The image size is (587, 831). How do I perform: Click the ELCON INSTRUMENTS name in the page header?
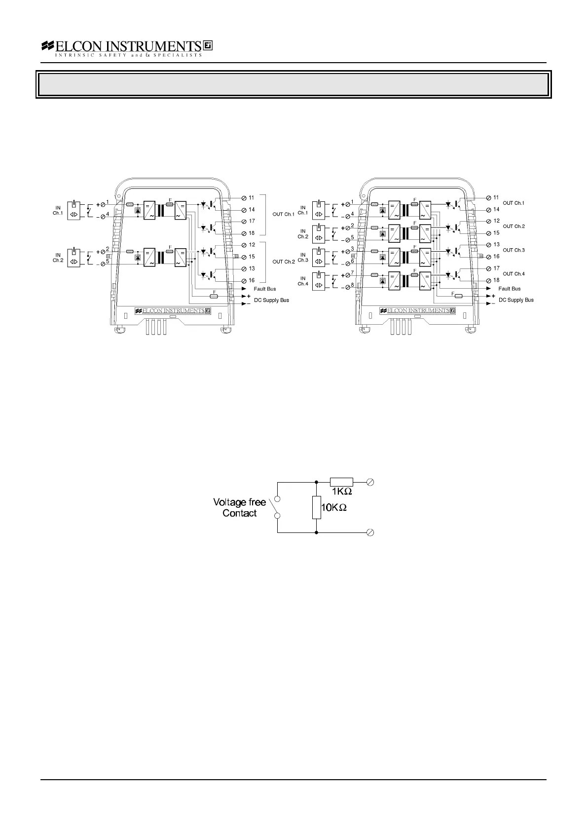(127, 46)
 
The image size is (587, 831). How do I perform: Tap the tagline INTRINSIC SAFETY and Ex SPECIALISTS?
(128, 55)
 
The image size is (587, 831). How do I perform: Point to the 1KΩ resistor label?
(341, 491)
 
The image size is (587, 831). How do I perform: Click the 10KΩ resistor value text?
(334, 507)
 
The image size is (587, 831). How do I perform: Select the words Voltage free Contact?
(239, 507)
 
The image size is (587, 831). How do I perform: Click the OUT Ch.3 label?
(514, 250)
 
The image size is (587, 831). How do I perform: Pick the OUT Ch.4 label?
(514, 274)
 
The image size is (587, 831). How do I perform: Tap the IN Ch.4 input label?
(303, 281)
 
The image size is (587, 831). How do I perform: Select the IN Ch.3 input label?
(303, 258)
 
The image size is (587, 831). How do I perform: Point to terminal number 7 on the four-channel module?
(352, 272)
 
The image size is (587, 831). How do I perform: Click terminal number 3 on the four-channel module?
(352, 249)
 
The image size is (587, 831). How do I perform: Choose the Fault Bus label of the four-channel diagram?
(509, 289)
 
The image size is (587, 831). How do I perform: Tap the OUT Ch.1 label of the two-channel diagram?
(283, 214)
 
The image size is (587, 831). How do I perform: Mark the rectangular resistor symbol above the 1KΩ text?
(341, 482)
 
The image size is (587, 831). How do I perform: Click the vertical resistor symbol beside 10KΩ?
(316, 508)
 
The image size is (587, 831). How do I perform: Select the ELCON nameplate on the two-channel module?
(173, 311)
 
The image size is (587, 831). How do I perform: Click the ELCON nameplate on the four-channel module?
(417, 311)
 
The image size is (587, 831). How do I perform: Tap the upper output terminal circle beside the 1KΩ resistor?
(371, 482)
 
